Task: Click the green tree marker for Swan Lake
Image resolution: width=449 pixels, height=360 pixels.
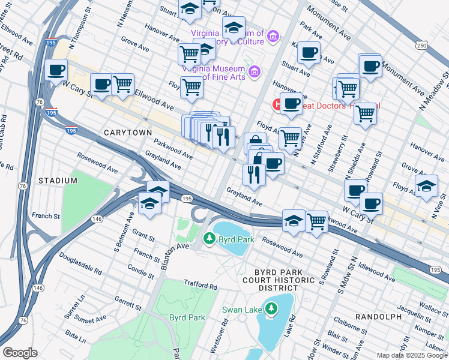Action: pos(271,309)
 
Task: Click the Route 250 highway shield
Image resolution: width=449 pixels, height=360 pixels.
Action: pos(422,46)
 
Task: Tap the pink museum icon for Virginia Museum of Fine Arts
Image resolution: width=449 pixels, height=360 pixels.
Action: pos(255,72)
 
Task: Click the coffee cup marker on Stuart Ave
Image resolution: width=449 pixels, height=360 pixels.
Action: pos(309,53)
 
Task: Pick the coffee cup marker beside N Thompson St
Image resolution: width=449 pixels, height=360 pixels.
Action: pos(56,70)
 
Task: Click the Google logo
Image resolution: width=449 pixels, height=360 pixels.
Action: pos(20,353)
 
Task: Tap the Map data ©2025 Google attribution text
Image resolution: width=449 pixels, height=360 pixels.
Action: pos(412,355)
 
